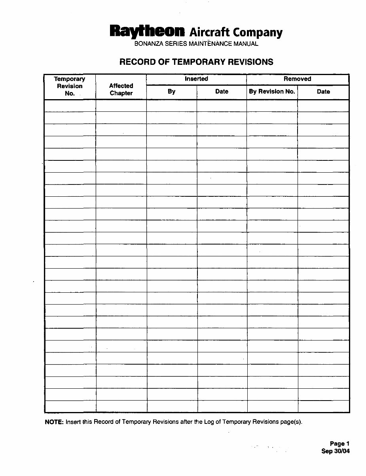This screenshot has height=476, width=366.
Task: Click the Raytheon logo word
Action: coord(147,32)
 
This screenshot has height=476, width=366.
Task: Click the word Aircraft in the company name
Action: coord(210,32)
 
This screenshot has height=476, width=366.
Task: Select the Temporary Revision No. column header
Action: coord(70,86)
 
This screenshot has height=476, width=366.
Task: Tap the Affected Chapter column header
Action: coord(121,89)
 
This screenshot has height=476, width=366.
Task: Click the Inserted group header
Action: coord(196,79)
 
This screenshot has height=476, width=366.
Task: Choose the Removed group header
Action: coord(298,79)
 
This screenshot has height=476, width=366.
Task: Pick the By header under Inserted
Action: coord(171,92)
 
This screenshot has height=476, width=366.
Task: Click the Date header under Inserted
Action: coord(222,92)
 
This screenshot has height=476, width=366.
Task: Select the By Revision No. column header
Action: coord(272,92)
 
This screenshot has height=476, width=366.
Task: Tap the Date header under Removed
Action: coord(323,92)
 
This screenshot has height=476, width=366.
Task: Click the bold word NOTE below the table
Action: coord(54,421)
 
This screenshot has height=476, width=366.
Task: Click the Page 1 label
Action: coord(339,444)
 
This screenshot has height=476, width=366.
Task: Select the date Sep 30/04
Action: coord(336,451)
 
